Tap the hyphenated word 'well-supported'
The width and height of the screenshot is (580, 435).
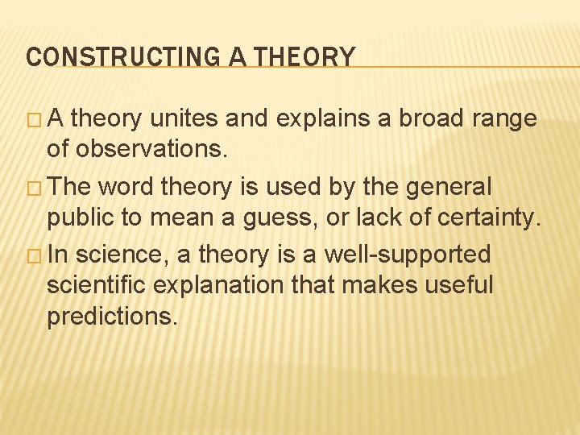[x=407, y=255]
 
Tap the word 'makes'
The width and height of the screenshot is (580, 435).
[x=372, y=285]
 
